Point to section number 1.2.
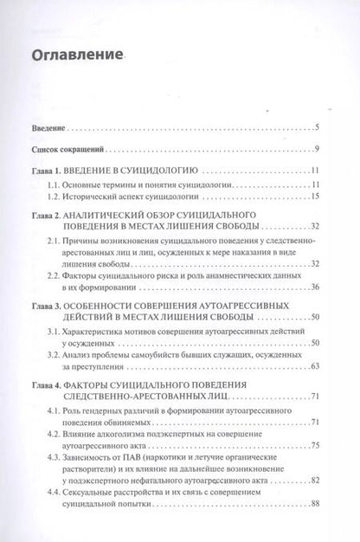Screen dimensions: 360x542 coord(53,197)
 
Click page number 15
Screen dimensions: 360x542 coord(316,197)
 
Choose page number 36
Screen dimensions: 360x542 coord(316,287)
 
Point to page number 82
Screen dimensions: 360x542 coord(316,504)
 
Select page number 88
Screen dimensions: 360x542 coord(316,528)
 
